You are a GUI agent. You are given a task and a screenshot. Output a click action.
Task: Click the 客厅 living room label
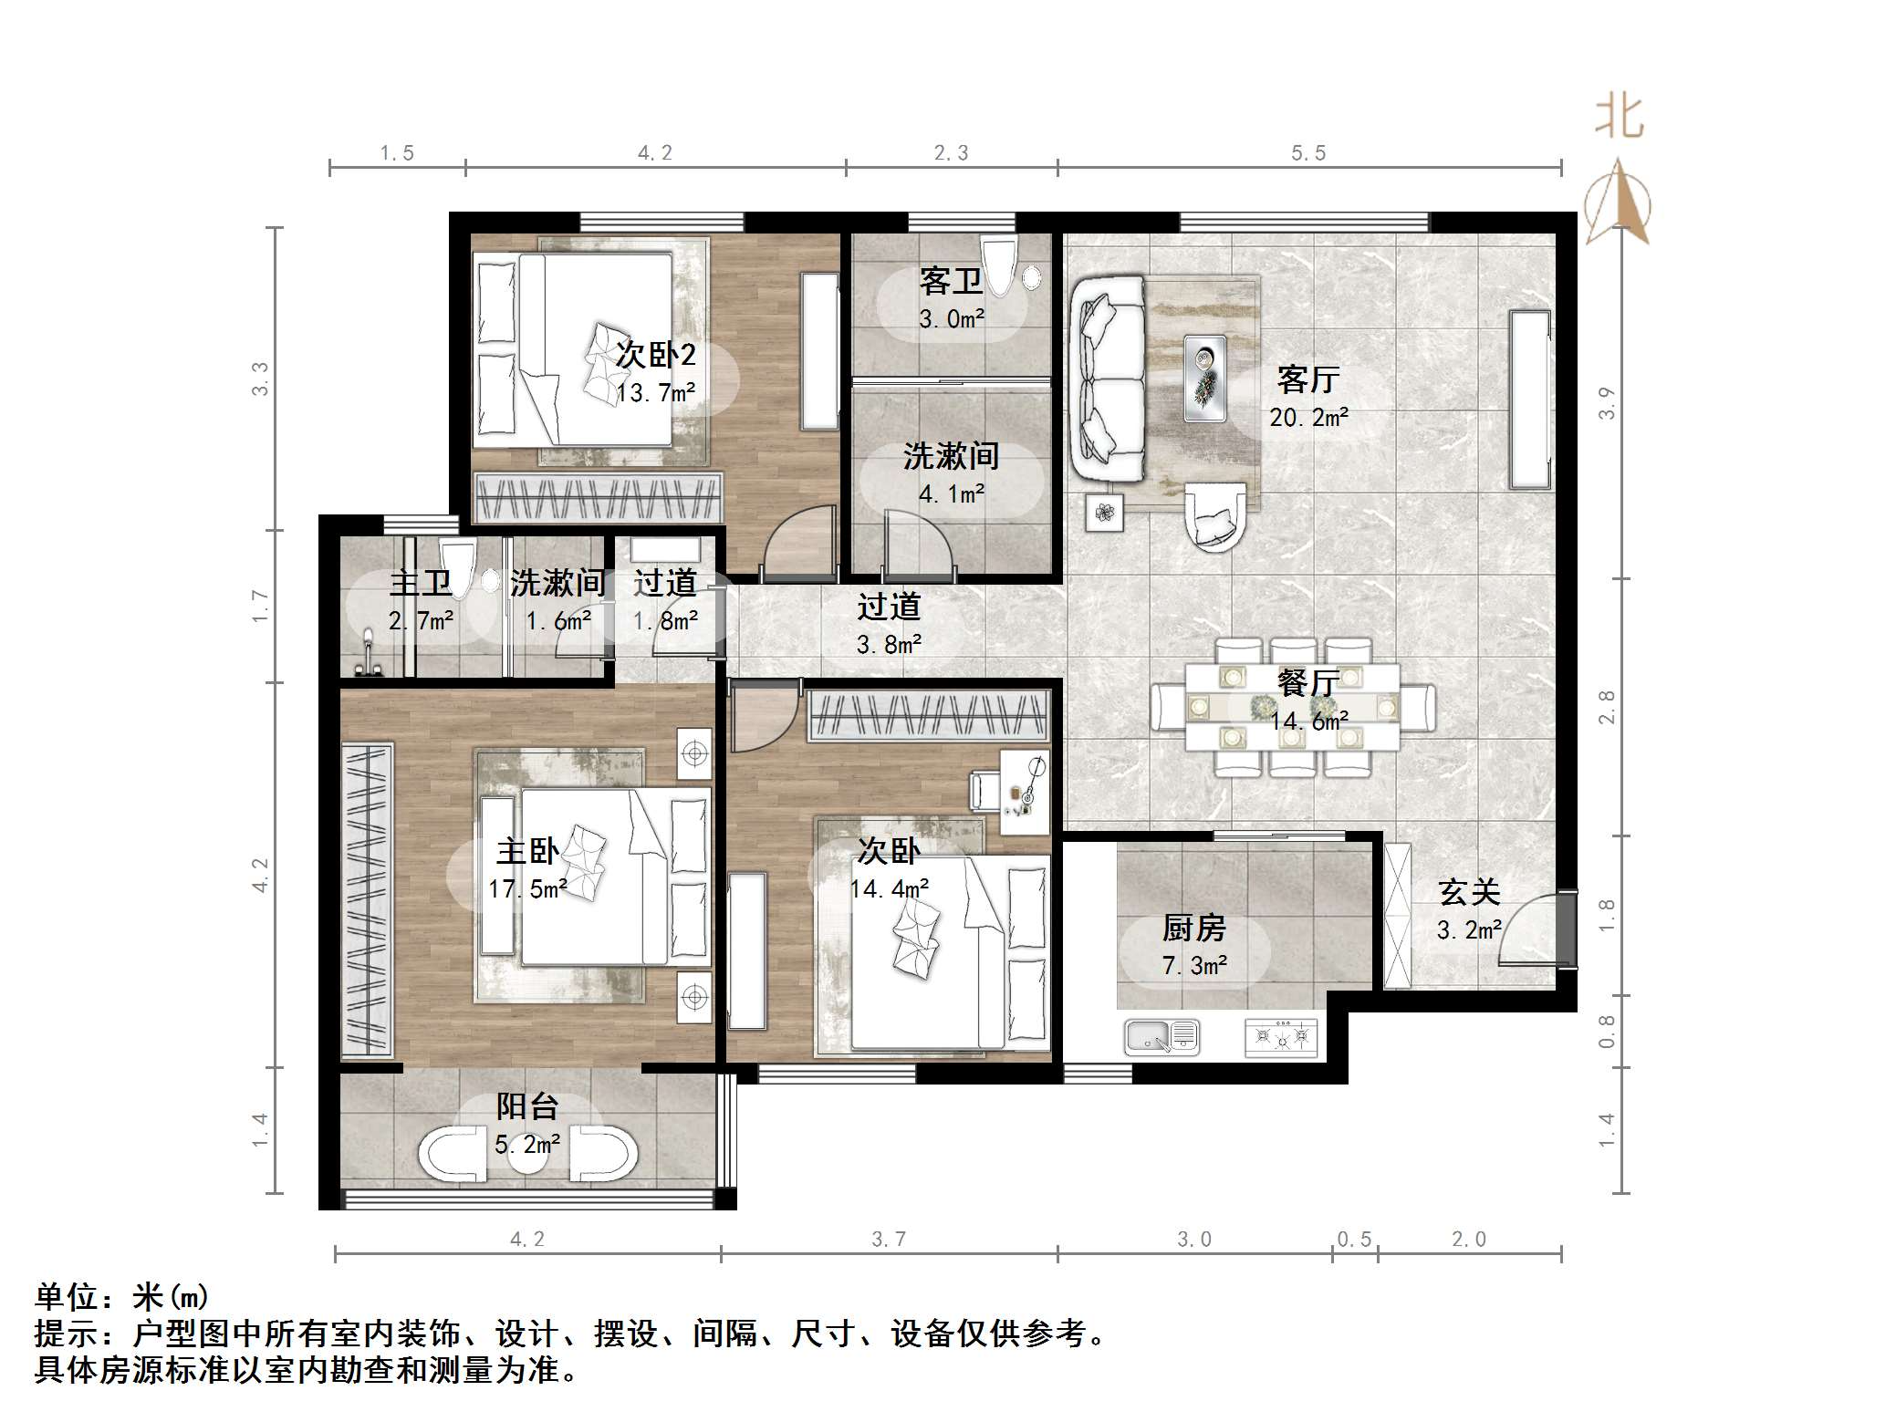[1307, 379]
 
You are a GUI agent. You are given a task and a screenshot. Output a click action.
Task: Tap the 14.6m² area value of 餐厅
[1308, 721]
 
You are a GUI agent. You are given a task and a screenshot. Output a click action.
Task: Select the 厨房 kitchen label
[1193, 929]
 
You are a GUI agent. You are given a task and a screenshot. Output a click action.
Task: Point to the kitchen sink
[1161, 1036]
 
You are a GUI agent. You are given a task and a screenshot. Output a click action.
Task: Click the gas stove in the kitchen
[1281, 1037]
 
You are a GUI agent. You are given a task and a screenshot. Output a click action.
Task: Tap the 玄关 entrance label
[1468, 892]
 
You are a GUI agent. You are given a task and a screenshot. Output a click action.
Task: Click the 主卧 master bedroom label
[526, 851]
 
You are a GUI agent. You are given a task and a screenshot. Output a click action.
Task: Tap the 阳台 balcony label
[526, 1106]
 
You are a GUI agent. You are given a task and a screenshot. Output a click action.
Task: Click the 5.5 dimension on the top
[1307, 153]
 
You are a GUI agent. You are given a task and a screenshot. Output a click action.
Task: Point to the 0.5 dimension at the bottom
[1354, 1239]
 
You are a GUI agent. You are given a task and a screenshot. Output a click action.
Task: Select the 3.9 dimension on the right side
[1607, 402]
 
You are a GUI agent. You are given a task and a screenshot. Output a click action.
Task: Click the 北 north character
[1620, 118]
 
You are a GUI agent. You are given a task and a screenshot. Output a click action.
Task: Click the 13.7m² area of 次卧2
[655, 393]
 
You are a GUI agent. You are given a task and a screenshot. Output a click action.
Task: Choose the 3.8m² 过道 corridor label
[888, 645]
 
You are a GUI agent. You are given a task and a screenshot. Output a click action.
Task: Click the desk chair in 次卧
[984, 790]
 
